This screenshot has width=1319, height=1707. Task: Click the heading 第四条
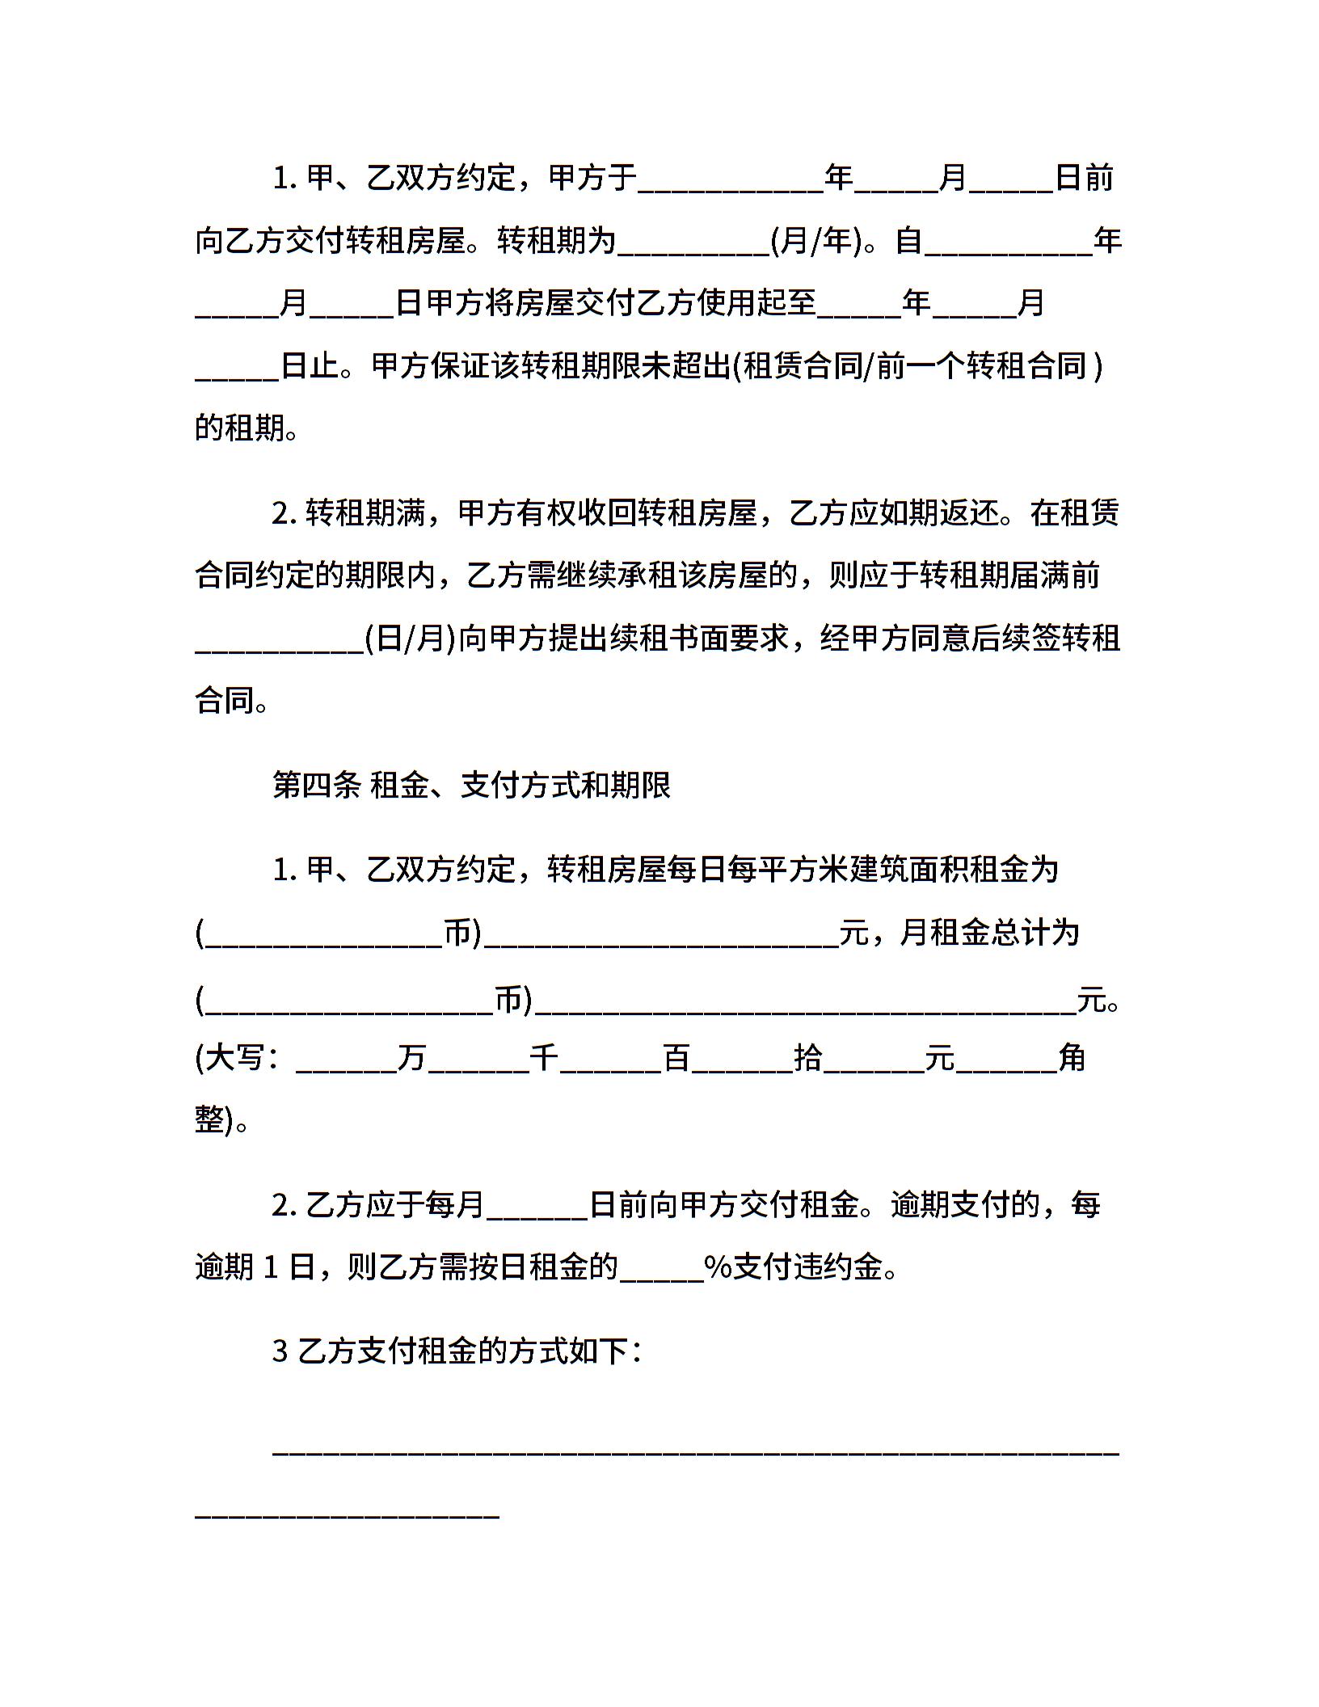[316, 785]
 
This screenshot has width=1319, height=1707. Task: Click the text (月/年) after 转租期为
[816, 240]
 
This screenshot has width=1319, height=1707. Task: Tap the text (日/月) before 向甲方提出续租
[411, 639]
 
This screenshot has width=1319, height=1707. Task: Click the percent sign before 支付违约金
[718, 1267]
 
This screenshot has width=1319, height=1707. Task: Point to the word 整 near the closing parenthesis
[209, 1119]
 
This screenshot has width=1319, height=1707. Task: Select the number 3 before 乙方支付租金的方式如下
[280, 1351]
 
